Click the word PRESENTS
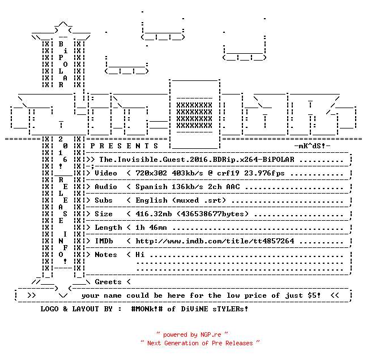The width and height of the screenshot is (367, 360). [124, 146]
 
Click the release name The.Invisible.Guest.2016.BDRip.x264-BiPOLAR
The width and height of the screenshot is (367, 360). [197, 160]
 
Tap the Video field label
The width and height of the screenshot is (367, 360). [106, 173]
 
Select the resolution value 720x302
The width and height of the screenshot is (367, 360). [151, 173]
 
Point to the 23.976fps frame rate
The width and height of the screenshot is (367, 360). [264, 173]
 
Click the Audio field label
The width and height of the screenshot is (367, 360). [106, 187]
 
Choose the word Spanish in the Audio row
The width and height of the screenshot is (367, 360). [151, 187]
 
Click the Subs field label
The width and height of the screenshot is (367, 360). [104, 200]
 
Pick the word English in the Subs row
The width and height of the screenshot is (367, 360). [151, 200]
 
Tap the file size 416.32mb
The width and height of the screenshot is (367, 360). [153, 214]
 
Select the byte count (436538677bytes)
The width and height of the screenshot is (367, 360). [212, 214]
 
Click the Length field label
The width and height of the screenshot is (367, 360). [108, 228]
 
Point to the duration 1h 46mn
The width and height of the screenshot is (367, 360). [151, 228]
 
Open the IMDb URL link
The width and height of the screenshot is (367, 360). [215, 241]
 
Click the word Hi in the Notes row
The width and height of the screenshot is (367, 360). [140, 255]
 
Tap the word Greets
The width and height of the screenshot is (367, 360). [108, 282]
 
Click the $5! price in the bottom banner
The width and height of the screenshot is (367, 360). [314, 295]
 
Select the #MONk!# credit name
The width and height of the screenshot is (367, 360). [147, 309]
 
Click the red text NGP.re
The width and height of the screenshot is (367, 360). [211, 335]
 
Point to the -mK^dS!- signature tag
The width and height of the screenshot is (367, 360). [312, 146]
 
